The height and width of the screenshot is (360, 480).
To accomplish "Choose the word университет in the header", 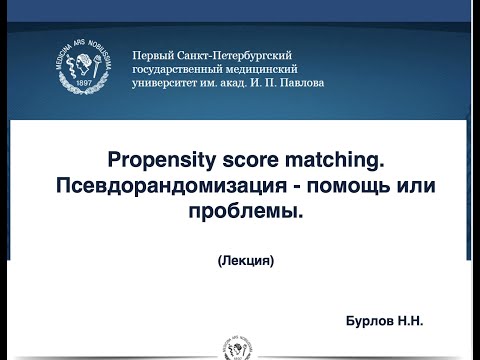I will click(171, 83).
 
